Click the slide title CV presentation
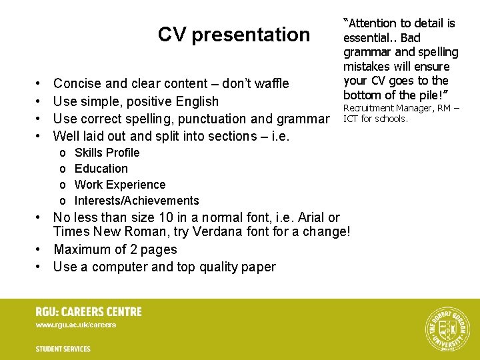(x=233, y=34)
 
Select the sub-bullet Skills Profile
(x=107, y=153)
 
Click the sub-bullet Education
(x=101, y=169)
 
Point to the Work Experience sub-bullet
(x=120, y=185)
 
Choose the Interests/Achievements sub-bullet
(x=137, y=201)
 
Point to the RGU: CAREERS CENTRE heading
(x=89, y=311)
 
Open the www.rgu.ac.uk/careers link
(x=76, y=325)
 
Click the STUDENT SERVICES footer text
(x=63, y=349)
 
